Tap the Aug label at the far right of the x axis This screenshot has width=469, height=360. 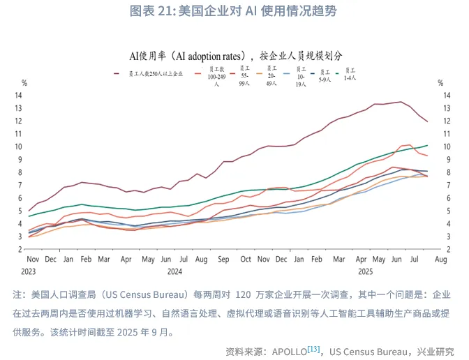click(440, 260)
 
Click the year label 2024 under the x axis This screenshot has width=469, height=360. click(174, 271)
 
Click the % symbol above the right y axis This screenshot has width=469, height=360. click(440, 83)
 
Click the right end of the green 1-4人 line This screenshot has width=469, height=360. click(427, 145)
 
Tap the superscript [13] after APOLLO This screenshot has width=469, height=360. click(313, 348)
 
